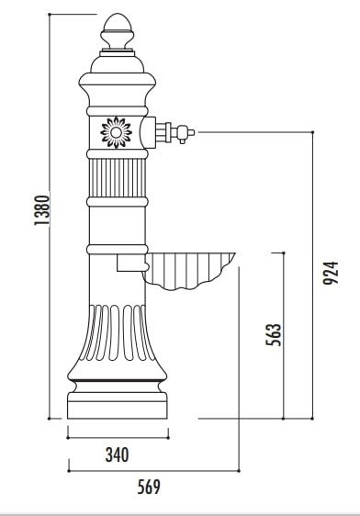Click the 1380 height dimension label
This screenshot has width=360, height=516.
coord(42,210)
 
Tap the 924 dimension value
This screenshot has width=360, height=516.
coord(331,273)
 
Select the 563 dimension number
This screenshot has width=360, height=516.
coord(274,335)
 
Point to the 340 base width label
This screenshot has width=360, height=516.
coord(118,454)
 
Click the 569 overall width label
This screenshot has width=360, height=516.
coord(149,487)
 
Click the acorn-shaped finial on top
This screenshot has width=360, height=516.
coord(118,31)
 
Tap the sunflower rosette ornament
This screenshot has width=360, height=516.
coord(116,132)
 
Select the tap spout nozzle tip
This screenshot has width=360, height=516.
coord(191,132)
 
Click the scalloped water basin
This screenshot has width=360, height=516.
coord(188,271)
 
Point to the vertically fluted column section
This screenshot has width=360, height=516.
coord(118,178)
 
